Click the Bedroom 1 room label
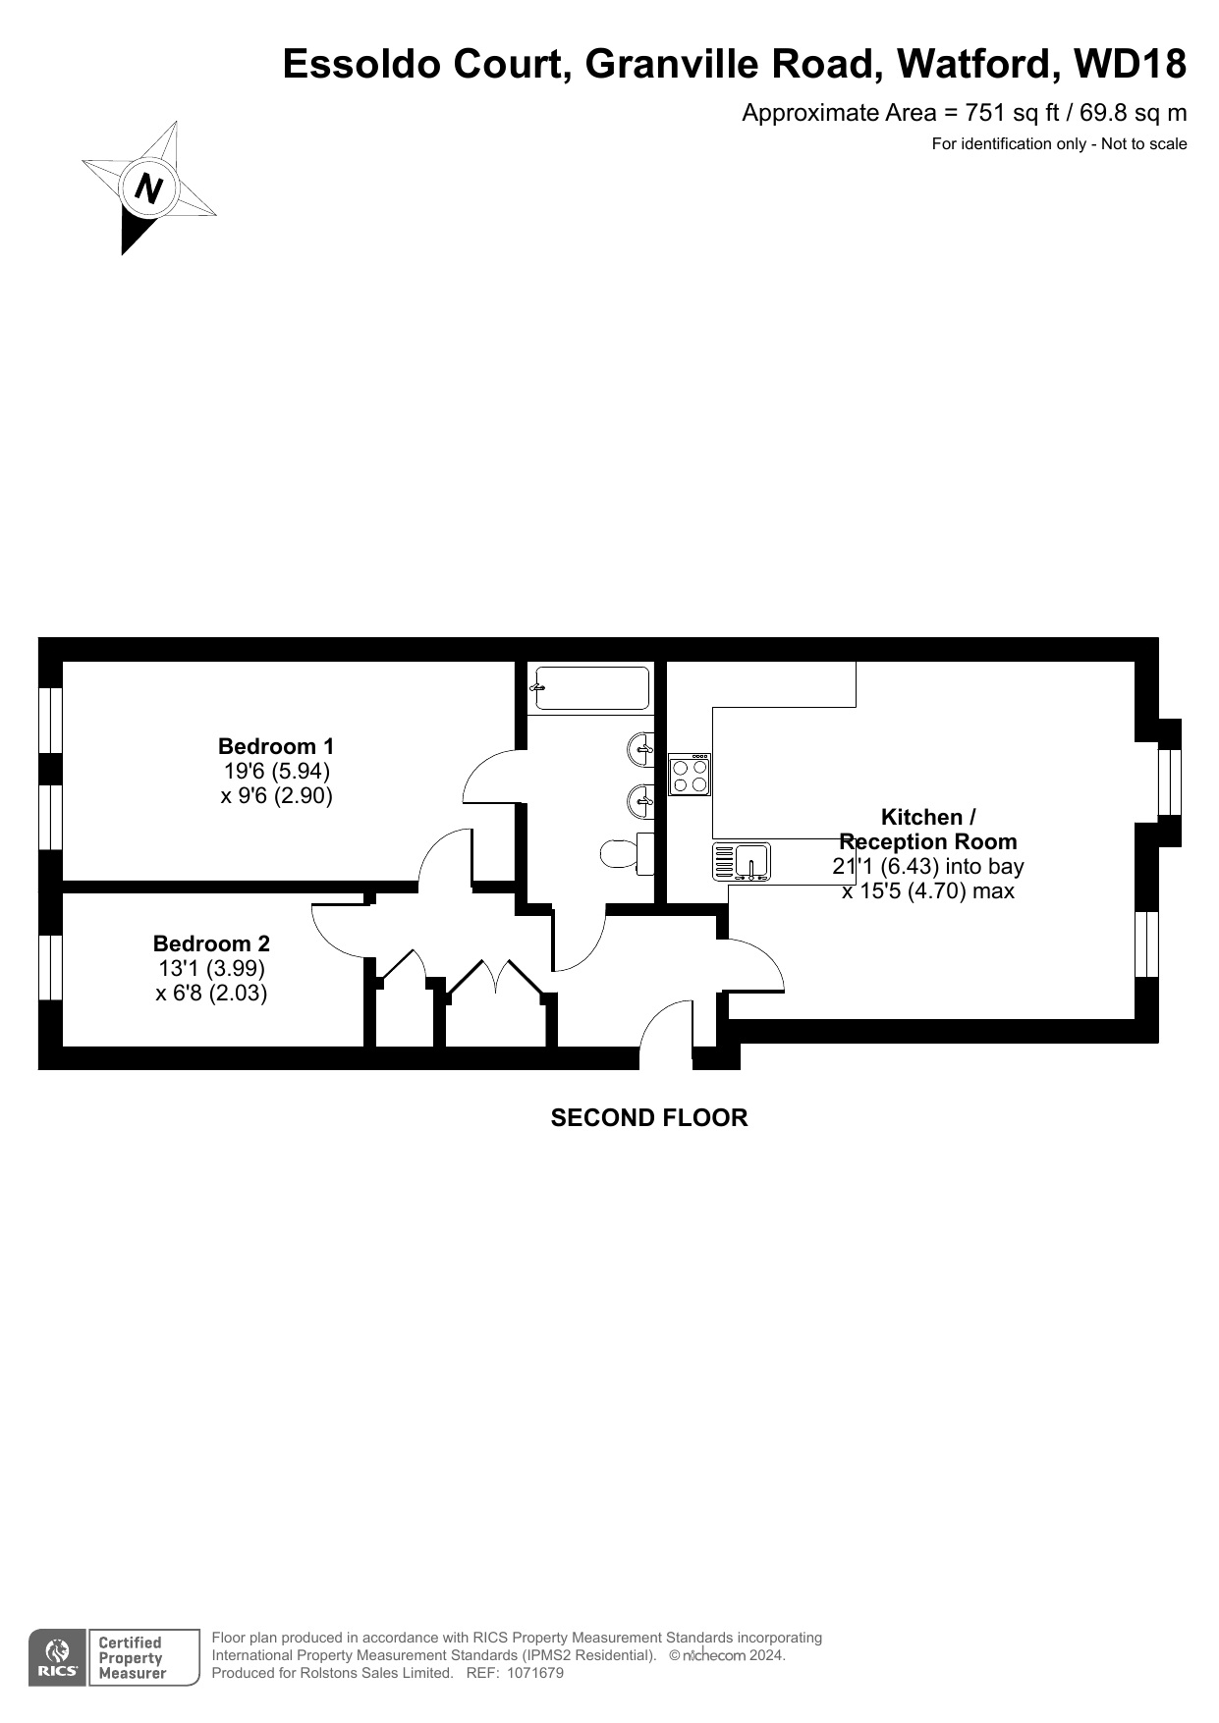click(x=276, y=746)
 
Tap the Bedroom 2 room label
click(x=211, y=943)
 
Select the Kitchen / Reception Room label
click(x=927, y=830)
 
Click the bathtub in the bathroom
click(x=590, y=688)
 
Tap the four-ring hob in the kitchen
click(x=690, y=774)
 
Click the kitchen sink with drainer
click(x=742, y=861)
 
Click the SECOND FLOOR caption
click(x=649, y=1118)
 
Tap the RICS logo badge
click(x=57, y=1658)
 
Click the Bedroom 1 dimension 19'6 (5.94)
click(x=277, y=772)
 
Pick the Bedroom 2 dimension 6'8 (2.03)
click(x=211, y=993)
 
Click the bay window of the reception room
click(x=1169, y=782)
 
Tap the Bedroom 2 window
click(x=50, y=968)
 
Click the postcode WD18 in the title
click(x=1131, y=64)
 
